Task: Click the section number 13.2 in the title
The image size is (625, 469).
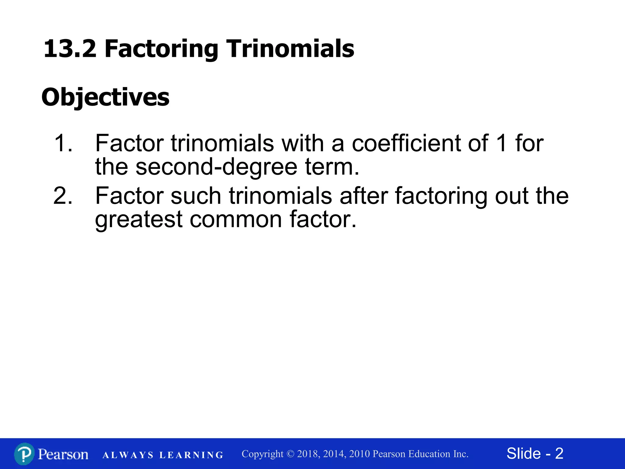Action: click(x=70, y=49)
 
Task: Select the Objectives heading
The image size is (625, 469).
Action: click(x=105, y=97)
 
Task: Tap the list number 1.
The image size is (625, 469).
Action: click(x=63, y=143)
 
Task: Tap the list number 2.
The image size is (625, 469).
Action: click(x=63, y=196)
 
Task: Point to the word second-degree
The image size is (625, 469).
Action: click(x=216, y=167)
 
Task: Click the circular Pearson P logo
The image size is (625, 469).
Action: click(x=24, y=454)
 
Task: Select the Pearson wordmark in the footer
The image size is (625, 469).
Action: click(x=63, y=454)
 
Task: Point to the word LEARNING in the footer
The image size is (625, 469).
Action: click(x=192, y=455)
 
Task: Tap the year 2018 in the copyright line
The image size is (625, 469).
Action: click(x=308, y=454)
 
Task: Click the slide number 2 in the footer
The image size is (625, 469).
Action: click(x=559, y=453)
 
